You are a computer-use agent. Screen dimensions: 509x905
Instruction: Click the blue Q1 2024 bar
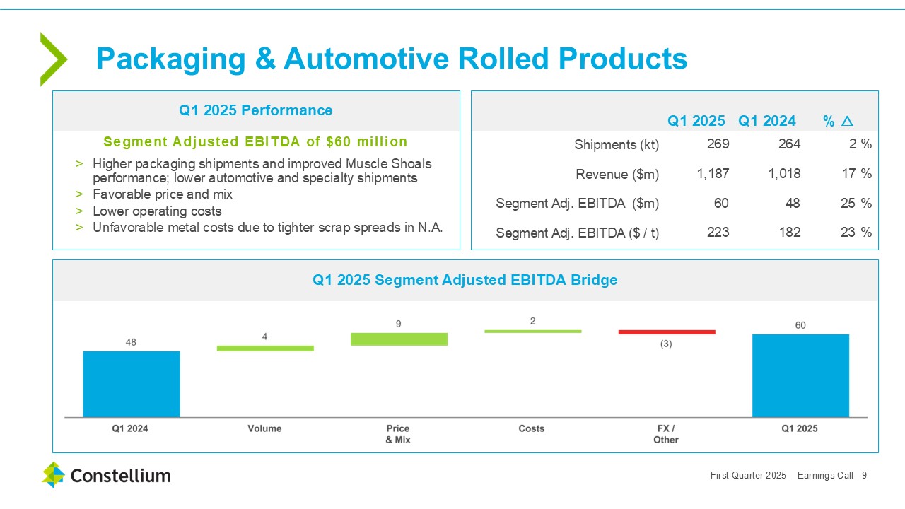tap(132, 384)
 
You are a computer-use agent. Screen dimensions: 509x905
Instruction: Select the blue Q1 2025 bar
tap(800, 375)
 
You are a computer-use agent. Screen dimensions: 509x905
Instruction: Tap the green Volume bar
tap(265, 348)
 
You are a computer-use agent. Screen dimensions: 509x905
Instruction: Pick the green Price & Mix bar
tap(399, 339)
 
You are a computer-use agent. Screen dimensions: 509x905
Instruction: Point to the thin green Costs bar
tap(532, 331)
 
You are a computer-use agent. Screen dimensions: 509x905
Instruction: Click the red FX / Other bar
tap(667, 332)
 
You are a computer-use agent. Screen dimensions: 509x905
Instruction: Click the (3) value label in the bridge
tap(666, 344)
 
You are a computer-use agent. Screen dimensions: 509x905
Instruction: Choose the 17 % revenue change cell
tap(856, 174)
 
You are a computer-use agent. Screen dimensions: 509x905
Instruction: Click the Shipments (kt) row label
tap(616, 144)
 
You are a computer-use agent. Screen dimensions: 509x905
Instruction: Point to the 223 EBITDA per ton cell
tap(718, 232)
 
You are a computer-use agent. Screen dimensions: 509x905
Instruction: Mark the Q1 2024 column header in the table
tap(767, 121)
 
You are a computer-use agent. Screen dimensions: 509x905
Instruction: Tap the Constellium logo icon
tap(53, 475)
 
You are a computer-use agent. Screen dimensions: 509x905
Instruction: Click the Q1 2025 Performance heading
tap(255, 110)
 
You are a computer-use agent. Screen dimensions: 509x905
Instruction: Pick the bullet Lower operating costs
tap(157, 211)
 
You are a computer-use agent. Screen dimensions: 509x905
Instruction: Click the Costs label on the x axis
tap(532, 428)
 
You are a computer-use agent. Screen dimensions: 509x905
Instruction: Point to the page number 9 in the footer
tap(864, 476)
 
